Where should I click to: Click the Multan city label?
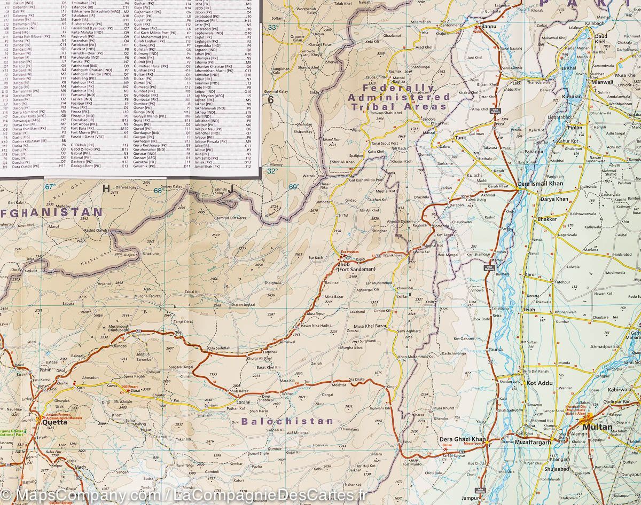pos(596,427)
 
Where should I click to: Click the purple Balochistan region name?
pos(288,421)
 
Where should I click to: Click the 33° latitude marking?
pos(273,27)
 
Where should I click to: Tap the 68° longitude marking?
pos(158,190)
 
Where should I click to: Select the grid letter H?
pos(106,188)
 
